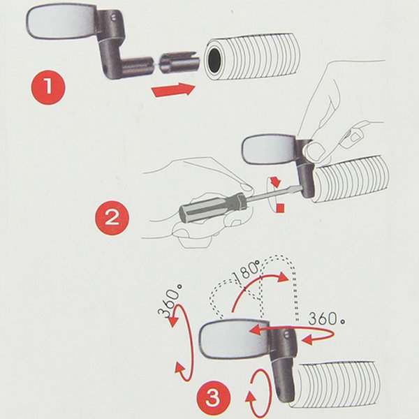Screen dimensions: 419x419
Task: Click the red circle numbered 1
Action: (x=47, y=87)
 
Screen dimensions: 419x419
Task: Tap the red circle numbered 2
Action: (x=112, y=218)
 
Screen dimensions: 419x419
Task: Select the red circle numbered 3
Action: (x=213, y=398)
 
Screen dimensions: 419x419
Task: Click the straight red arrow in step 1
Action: (x=173, y=89)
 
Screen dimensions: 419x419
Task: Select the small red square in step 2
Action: (x=280, y=208)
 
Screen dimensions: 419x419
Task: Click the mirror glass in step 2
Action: (x=269, y=149)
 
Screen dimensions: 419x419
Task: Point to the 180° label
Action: (x=247, y=272)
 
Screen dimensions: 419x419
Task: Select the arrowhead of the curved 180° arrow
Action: (x=283, y=277)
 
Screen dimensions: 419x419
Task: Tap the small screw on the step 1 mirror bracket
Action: (x=114, y=17)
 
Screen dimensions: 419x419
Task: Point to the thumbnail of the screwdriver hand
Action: (x=245, y=186)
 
